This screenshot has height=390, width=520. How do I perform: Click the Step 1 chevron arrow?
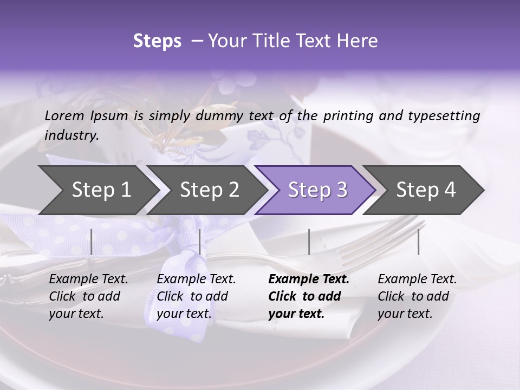tap(97, 190)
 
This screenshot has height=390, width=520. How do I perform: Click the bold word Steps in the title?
tap(157, 41)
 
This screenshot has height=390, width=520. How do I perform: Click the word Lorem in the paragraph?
tap(64, 115)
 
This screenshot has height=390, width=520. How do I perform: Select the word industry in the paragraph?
tap(71, 135)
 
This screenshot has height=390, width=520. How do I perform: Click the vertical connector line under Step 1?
tap(91, 242)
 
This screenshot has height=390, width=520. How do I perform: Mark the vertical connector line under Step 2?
tap(200, 242)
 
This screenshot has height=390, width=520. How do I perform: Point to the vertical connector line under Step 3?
tap(309, 242)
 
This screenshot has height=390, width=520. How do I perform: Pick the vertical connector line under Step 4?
tap(418, 242)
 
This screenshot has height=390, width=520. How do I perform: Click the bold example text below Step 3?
tap(308, 296)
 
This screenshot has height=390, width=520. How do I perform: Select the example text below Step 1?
tap(88, 296)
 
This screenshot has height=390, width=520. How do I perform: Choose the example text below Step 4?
tap(417, 296)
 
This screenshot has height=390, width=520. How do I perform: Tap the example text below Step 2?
tap(196, 296)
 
